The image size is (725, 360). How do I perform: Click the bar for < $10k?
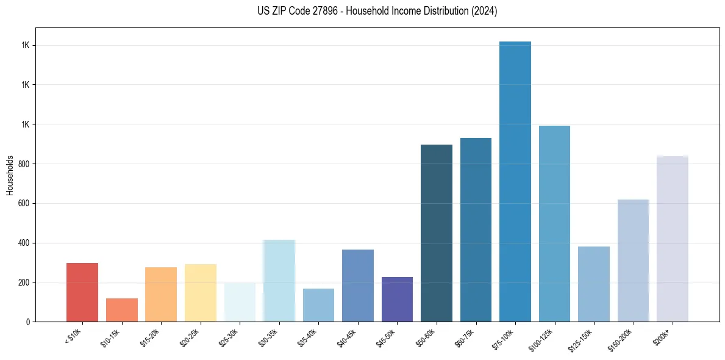(82, 292)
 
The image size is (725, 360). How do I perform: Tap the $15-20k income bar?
(161, 295)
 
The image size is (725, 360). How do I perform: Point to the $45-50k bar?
(397, 299)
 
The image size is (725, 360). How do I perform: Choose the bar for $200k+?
(673, 239)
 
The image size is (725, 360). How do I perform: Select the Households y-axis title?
(10, 175)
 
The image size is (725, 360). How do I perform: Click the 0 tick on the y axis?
(29, 322)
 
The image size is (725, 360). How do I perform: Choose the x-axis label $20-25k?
(190, 337)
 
